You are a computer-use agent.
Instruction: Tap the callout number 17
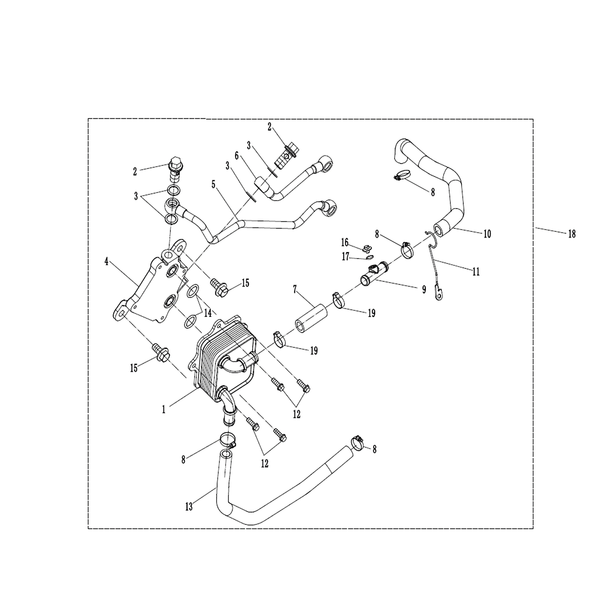346,257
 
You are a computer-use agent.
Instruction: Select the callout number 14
208,313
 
